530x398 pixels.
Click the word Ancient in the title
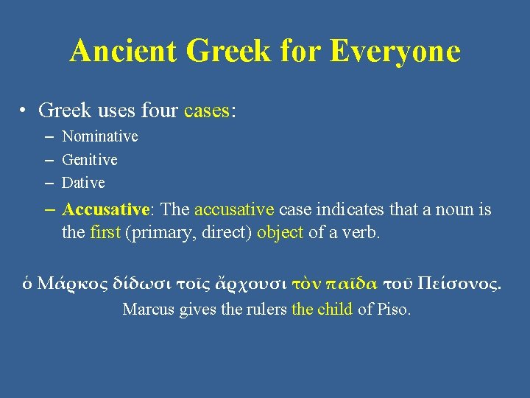point(124,52)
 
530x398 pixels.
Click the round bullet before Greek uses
point(25,111)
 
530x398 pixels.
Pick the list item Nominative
point(99,136)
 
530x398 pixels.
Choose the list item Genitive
point(89,159)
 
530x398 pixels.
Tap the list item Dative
point(83,182)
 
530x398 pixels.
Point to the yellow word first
point(105,233)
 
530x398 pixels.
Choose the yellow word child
point(336,309)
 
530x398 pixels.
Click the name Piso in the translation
point(393,309)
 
